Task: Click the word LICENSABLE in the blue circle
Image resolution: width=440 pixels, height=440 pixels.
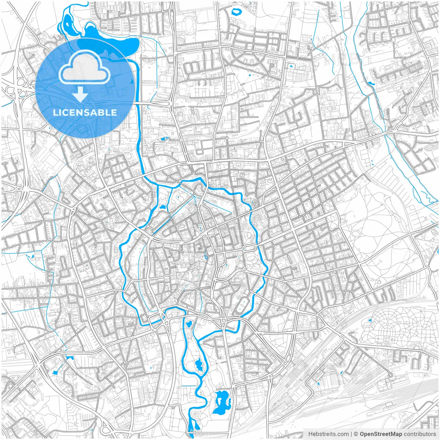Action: (x=85, y=112)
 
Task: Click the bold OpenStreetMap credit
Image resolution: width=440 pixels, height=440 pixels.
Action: (x=381, y=434)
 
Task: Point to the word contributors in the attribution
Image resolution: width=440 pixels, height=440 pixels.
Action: (x=420, y=434)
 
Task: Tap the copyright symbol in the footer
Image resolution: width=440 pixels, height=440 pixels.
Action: (x=356, y=434)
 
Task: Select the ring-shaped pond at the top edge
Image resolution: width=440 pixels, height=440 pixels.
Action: (x=236, y=12)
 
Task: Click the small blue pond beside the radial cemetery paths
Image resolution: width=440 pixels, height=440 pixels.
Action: (x=370, y=320)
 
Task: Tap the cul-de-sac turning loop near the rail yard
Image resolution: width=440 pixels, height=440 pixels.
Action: (x=390, y=374)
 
